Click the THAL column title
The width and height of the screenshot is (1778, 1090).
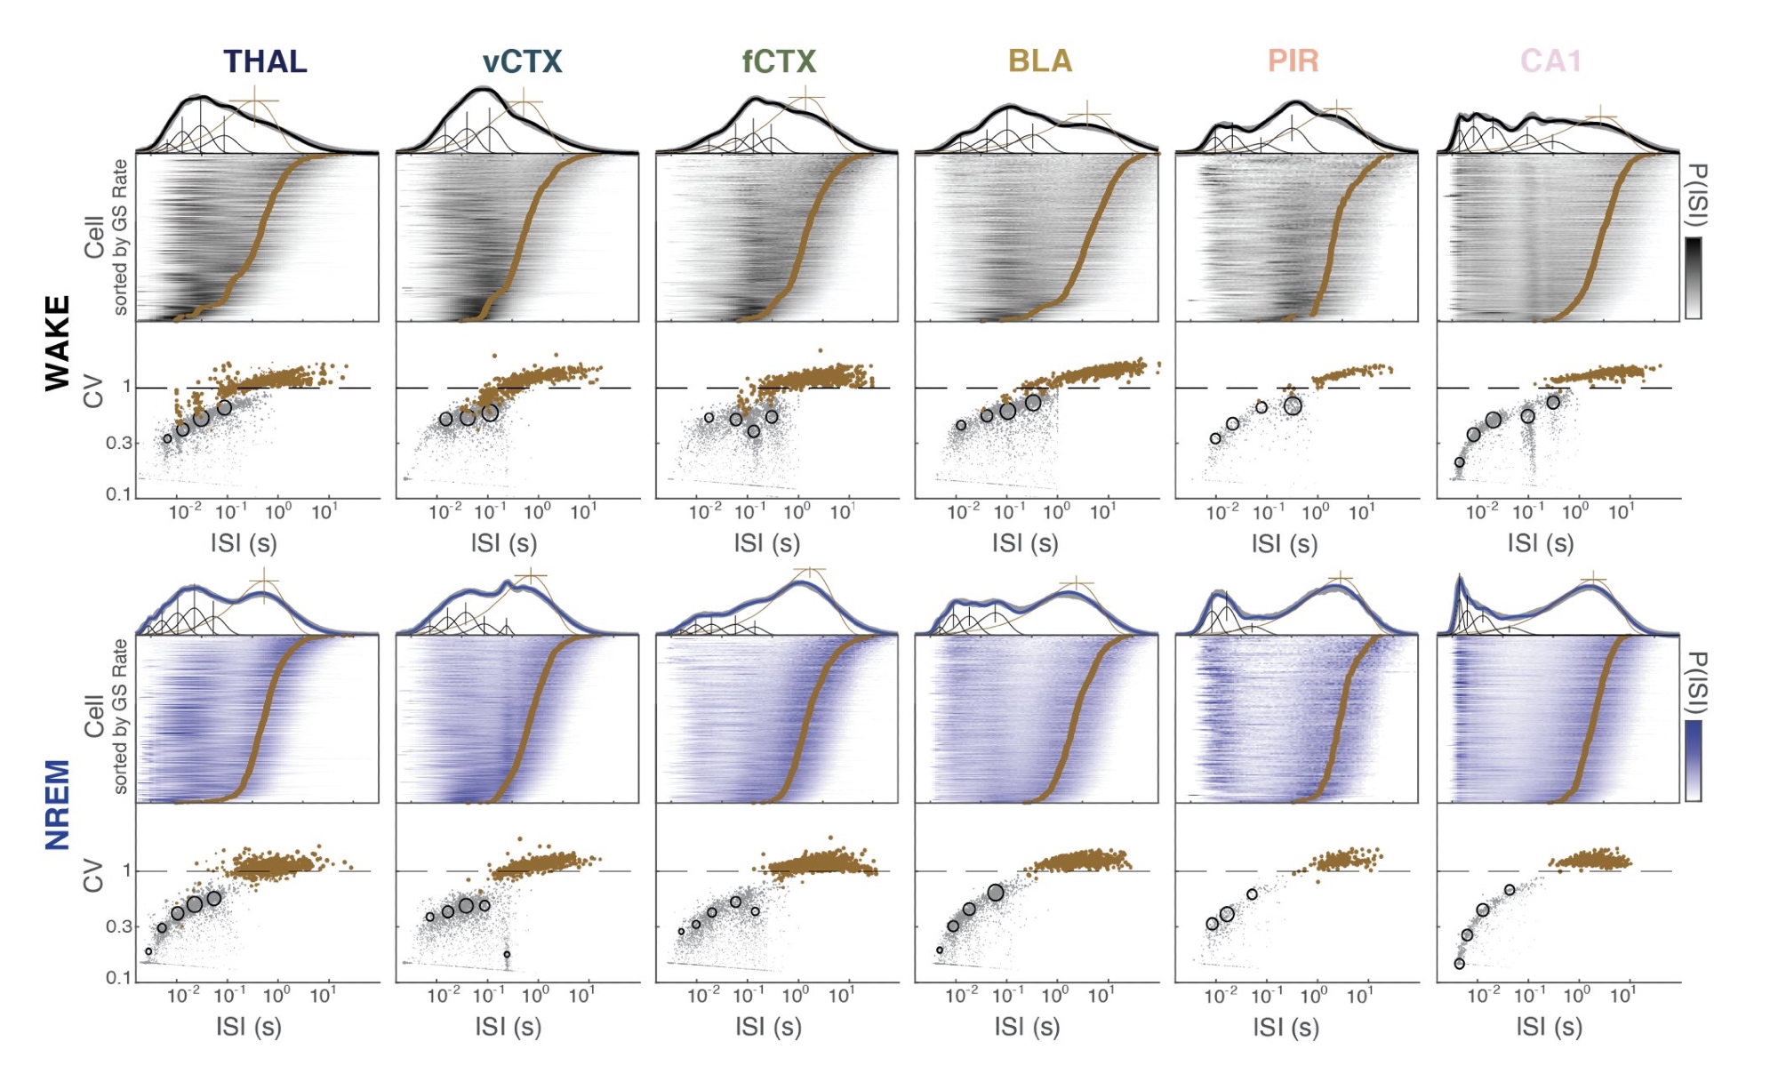click(265, 61)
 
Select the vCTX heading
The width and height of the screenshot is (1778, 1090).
click(523, 61)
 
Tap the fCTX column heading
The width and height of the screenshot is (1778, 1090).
click(779, 61)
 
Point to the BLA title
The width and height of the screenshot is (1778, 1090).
click(1040, 61)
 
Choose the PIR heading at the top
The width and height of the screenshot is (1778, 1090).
click(1293, 61)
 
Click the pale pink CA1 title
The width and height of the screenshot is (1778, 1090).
click(1550, 61)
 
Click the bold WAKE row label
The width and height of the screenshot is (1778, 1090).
click(58, 343)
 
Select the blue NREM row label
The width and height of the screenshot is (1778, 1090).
click(58, 805)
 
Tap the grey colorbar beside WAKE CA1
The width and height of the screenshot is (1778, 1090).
click(1694, 277)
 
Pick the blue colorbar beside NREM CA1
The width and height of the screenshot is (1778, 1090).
click(1694, 760)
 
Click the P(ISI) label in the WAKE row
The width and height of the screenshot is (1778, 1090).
click(1696, 196)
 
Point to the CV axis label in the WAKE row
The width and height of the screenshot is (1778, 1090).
click(93, 392)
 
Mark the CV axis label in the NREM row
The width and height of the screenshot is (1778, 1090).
click(93, 875)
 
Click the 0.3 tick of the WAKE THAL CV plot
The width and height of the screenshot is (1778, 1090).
click(118, 443)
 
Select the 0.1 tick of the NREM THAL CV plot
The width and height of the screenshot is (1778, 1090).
click(118, 977)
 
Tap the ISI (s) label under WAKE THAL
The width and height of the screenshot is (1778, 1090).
click(243, 543)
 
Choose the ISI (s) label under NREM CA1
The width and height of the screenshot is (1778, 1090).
click(1549, 1026)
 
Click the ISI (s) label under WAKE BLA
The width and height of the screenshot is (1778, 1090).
click(1025, 543)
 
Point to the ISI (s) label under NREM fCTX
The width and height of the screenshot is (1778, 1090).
click(768, 1026)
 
